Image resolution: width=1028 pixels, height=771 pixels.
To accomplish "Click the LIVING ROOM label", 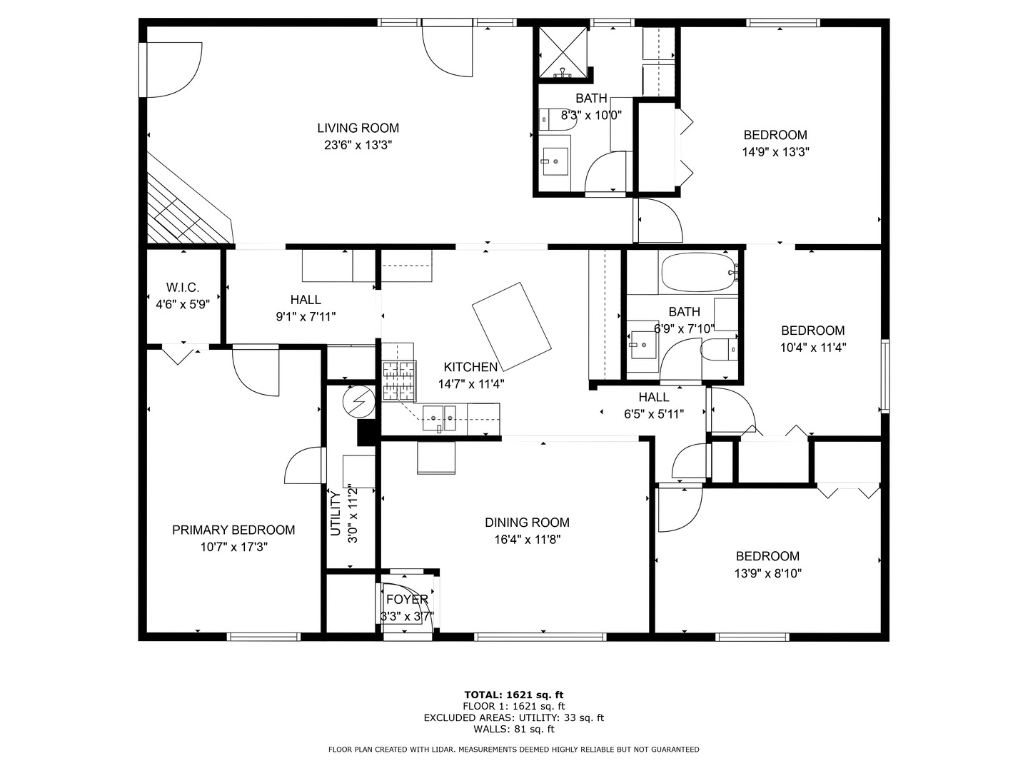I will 358,128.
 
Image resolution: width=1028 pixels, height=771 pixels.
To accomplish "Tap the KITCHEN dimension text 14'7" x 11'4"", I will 470,383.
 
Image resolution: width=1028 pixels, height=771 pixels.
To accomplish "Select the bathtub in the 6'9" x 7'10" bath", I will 698,273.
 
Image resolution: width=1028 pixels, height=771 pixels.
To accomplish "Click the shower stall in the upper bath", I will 563,52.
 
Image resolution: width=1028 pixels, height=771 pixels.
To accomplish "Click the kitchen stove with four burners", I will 398,381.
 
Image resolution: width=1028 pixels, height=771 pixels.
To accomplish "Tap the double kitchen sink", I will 439,417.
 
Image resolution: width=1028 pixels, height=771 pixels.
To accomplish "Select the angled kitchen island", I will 511,326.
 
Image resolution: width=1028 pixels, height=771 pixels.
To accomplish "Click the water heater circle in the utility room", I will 358,402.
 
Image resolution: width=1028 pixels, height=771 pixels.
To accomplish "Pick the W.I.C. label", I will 183,287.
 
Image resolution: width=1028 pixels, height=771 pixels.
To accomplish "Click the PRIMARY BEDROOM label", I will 233,530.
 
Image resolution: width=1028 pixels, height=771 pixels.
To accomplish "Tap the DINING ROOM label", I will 527,523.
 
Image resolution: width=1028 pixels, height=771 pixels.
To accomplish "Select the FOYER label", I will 407,599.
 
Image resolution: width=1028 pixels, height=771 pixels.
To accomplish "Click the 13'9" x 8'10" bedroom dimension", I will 767,573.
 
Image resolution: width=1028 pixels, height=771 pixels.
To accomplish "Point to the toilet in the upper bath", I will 558,119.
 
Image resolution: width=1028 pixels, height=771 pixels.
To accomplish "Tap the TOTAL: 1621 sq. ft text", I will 513,694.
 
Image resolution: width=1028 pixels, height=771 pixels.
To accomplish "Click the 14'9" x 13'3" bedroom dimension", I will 775,152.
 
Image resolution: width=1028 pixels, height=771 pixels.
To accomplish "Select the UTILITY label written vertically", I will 335,513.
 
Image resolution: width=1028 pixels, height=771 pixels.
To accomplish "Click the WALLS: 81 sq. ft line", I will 513,729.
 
